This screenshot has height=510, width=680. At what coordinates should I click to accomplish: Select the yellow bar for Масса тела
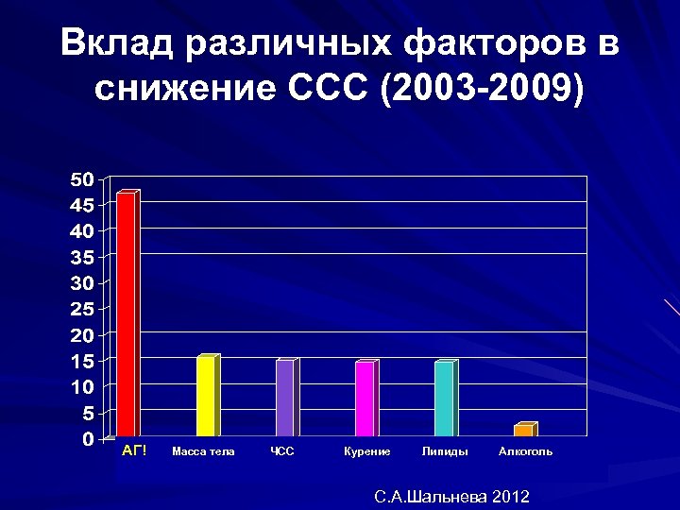(x=205, y=396)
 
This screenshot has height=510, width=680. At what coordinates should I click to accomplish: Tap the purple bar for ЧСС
(x=284, y=399)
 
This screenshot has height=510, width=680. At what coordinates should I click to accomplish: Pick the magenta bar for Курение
(x=364, y=399)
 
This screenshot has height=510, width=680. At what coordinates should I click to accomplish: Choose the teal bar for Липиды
(x=444, y=399)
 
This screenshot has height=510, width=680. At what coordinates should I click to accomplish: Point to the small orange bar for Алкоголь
(x=523, y=431)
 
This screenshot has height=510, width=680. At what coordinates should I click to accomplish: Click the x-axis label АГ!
(x=134, y=450)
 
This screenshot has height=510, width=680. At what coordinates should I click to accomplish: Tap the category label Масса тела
(x=203, y=451)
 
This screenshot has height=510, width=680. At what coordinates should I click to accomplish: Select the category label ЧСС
(x=282, y=451)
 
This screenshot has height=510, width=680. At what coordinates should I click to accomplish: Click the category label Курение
(x=367, y=451)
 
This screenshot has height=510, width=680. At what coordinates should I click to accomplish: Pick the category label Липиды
(x=445, y=451)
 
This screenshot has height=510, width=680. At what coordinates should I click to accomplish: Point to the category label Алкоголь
(x=525, y=451)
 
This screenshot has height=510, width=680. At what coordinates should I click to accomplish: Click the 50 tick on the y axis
(x=81, y=178)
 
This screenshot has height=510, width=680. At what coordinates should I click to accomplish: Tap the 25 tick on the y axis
(x=81, y=309)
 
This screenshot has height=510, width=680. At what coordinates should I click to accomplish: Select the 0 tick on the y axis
(x=86, y=439)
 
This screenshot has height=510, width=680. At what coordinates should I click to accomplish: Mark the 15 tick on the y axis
(x=81, y=361)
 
